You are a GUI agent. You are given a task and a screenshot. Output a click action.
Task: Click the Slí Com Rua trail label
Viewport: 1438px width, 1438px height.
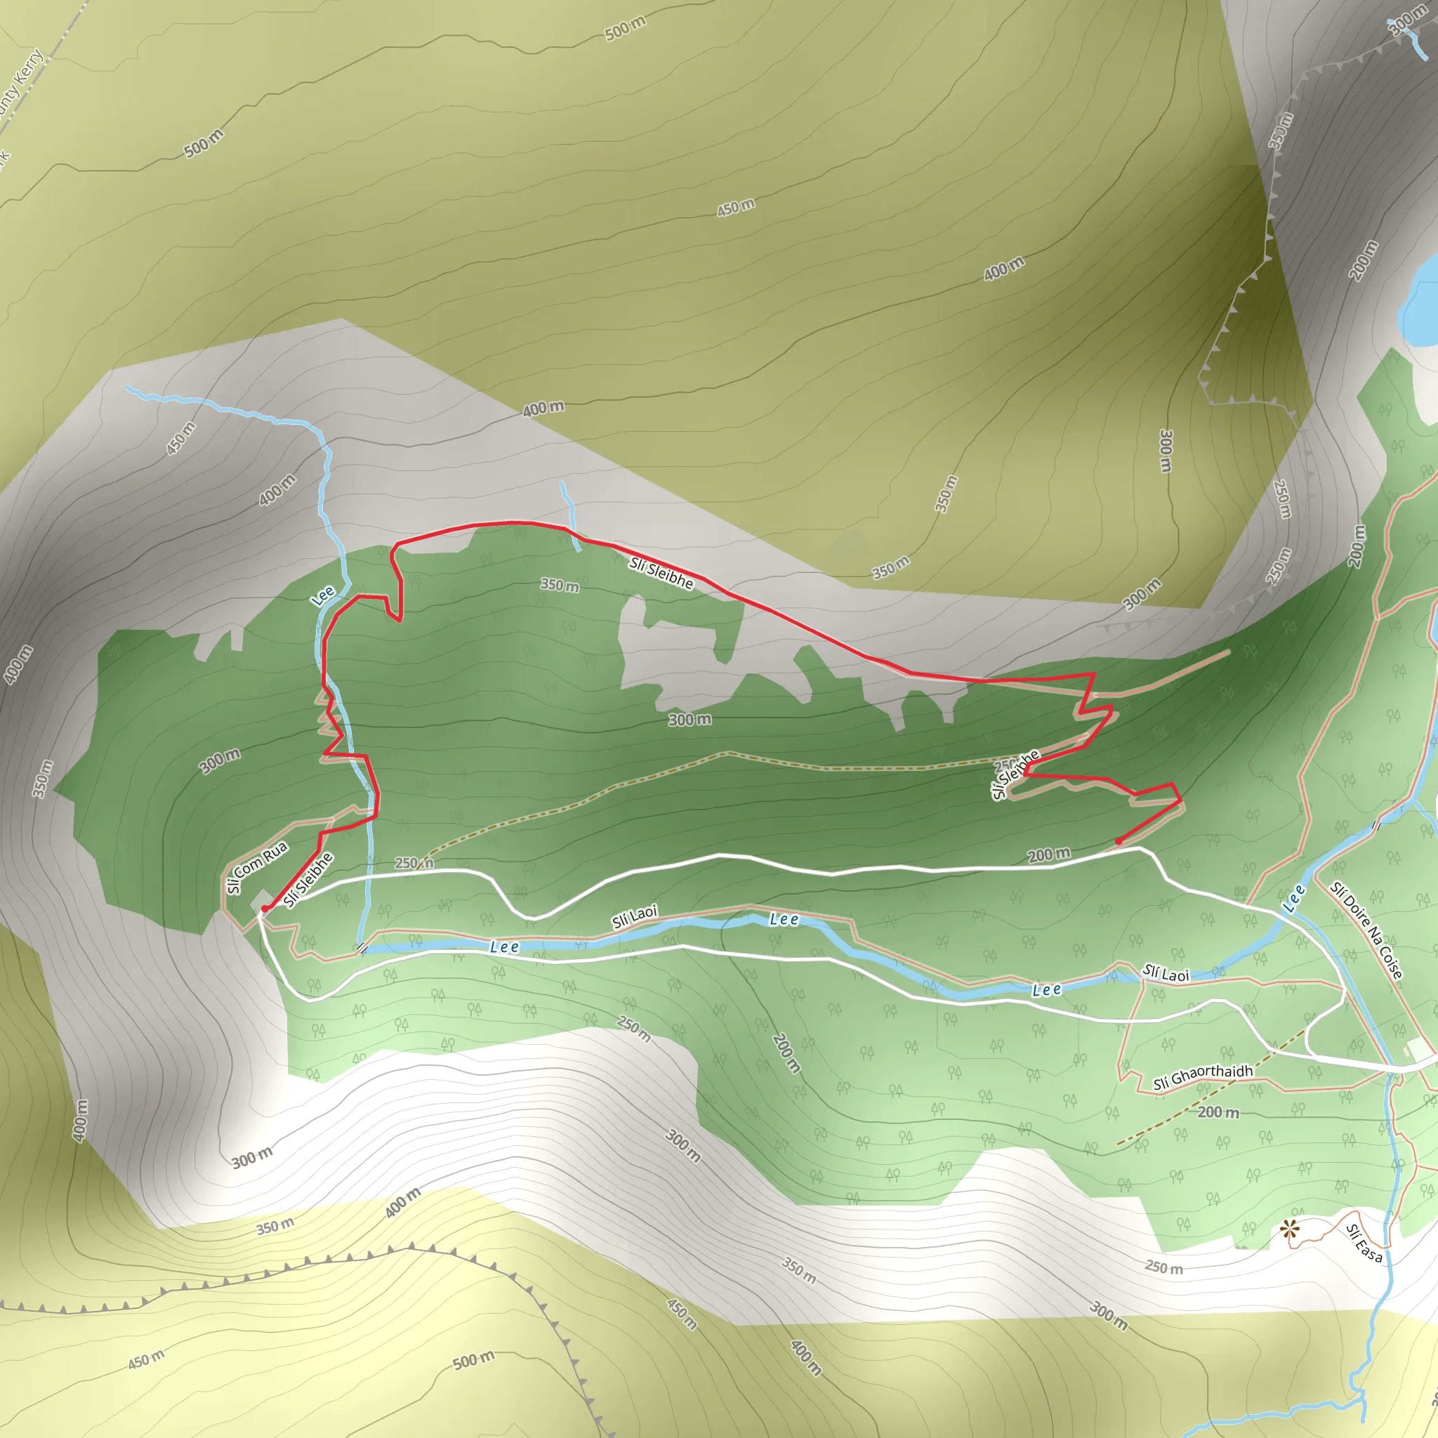click(x=257, y=867)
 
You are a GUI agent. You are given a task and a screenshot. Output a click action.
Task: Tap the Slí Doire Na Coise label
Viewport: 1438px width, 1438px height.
click(x=1366, y=930)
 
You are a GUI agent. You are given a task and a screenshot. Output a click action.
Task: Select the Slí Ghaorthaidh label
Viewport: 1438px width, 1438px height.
click(x=1203, y=1076)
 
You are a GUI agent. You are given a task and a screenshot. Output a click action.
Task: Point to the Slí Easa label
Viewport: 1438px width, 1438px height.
click(x=1365, y=1244)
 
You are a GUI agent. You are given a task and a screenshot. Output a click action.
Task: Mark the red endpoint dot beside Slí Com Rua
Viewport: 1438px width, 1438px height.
click(x=264, y=909)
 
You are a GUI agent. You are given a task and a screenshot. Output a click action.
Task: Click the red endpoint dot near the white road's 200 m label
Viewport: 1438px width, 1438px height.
click(x=1118, y=841)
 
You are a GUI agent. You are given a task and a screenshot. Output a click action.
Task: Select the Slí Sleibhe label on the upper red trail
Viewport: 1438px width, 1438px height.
click(x=661, y=573)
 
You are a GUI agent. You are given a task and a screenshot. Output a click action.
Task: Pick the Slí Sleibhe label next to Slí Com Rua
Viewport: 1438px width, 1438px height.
click(x=308, y=880)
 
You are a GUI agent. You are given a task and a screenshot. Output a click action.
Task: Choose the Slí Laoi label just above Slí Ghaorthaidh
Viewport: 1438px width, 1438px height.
click(x=1166, y=974)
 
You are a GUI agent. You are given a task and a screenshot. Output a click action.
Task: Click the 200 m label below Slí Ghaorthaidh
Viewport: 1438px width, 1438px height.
click(x=1218, y=1112)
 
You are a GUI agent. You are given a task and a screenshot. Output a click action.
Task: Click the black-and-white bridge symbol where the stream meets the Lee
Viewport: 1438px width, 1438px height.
click(x=361, y=947)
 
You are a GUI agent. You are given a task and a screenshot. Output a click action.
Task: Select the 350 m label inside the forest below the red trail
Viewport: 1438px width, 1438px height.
click(x=560, y=585)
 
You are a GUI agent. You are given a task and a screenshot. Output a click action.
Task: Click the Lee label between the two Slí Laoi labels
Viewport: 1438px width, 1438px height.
click(x=784, y=919)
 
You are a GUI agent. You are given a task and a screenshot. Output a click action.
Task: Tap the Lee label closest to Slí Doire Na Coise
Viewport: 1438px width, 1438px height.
click(x=1294, y=898)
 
